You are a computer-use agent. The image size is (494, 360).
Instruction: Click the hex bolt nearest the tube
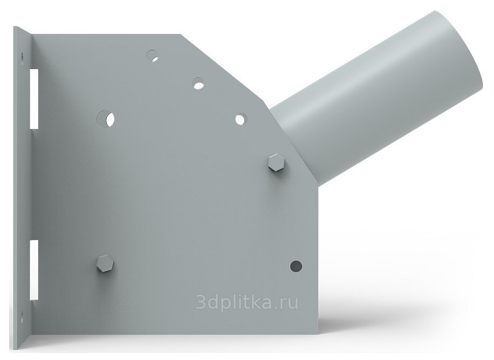[276, 163]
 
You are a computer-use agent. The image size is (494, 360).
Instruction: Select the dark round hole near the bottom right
[296, 266]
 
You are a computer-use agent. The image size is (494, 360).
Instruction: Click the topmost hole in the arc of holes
[153, 56]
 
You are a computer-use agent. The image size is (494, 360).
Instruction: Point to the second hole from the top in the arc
[198, 84]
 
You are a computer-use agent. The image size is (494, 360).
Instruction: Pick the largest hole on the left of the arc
[106, 119]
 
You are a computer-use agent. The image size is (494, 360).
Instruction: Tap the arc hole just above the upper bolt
[241, 119]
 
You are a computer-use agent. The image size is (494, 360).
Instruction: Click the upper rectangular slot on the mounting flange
[34, 99]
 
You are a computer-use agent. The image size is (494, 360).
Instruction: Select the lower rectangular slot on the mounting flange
[34, 270]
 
